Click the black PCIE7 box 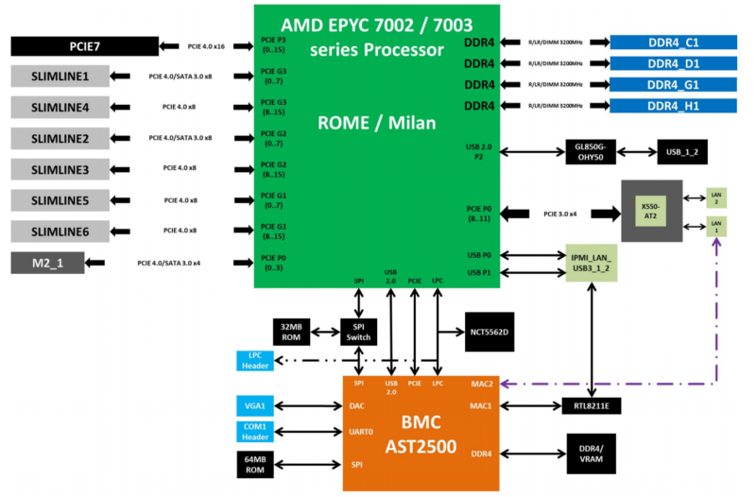(84, 46)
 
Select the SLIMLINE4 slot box (60, 108)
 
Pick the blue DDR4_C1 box (673, 43)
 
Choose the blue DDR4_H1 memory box (673, 106)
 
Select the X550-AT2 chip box (651, 209)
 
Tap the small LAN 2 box (715, 198)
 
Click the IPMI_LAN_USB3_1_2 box (592, 264)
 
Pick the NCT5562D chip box (489, 333)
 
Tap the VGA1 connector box (254, 405)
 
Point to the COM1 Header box (254, 432)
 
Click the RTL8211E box (592, 405)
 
